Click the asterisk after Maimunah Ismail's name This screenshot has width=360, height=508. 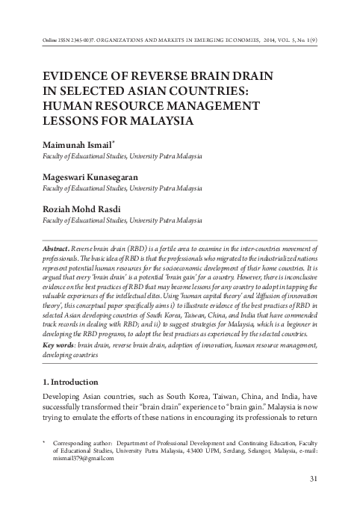pyautogui.click(x=114, y=139)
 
